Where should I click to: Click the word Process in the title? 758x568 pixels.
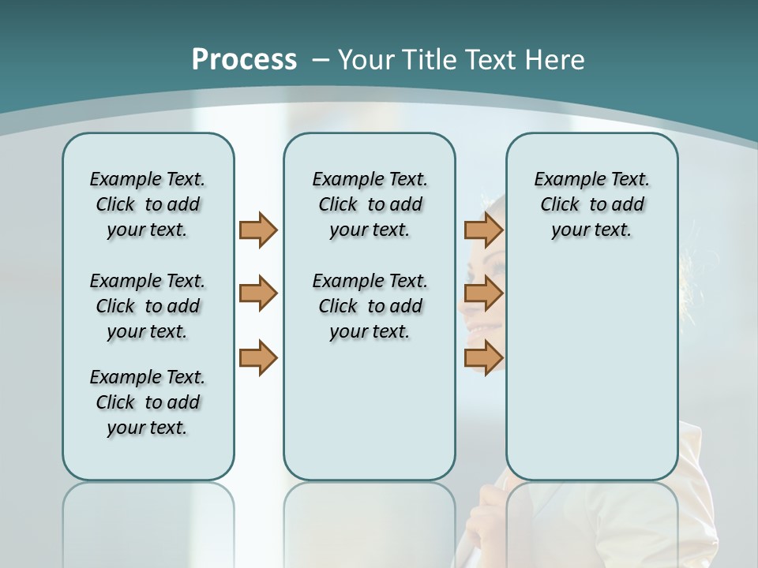tap(244, 59)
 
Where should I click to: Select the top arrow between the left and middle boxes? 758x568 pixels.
tap(258, 230)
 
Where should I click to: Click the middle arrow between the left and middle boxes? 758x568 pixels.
tap(258, 293)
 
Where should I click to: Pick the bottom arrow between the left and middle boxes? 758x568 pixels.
tap(258, 357)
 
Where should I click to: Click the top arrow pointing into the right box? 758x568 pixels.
tap(483, 230)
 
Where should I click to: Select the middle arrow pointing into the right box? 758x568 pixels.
tap(483, 293)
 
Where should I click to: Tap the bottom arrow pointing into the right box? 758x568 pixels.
tap(483, 357)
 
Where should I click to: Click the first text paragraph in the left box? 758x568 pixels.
tap(148, 204)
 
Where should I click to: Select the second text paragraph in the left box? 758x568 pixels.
tap(148, 306)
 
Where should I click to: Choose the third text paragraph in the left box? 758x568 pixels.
tap(148, 402)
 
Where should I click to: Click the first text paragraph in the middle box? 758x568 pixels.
tap(370, 204)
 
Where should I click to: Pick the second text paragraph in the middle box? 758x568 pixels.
tap(370, 306)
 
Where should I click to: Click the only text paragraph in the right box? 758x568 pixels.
tap(591, 204)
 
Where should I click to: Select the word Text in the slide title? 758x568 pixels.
tap(493, 59)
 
